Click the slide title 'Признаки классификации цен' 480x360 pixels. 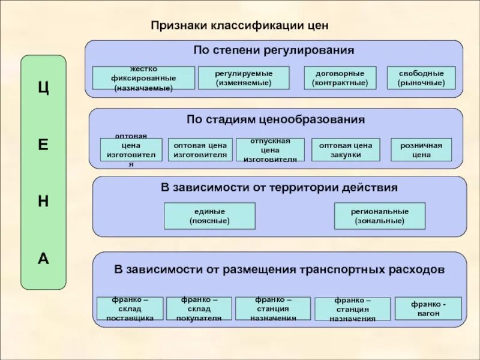[239, 26]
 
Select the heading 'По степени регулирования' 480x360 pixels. [274, 50]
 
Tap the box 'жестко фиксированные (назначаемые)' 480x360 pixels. [143, 78]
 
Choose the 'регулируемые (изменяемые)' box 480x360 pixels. [244, 78]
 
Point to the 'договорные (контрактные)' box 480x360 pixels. [340, 78]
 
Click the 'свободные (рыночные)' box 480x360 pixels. [421, 78]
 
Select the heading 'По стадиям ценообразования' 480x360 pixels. [275, 119]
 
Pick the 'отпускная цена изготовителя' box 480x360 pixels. [270, 150]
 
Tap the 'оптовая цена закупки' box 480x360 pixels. [346, 150]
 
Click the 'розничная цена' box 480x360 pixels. [421, 150]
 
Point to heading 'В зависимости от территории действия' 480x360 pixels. [279, 187]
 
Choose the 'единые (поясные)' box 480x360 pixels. [209, 216]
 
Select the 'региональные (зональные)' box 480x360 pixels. [379, 216]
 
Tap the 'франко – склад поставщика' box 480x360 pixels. [130, 308]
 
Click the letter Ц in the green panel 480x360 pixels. [43, 87]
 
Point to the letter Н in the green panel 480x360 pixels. [43, 202]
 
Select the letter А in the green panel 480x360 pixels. [43, 259]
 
